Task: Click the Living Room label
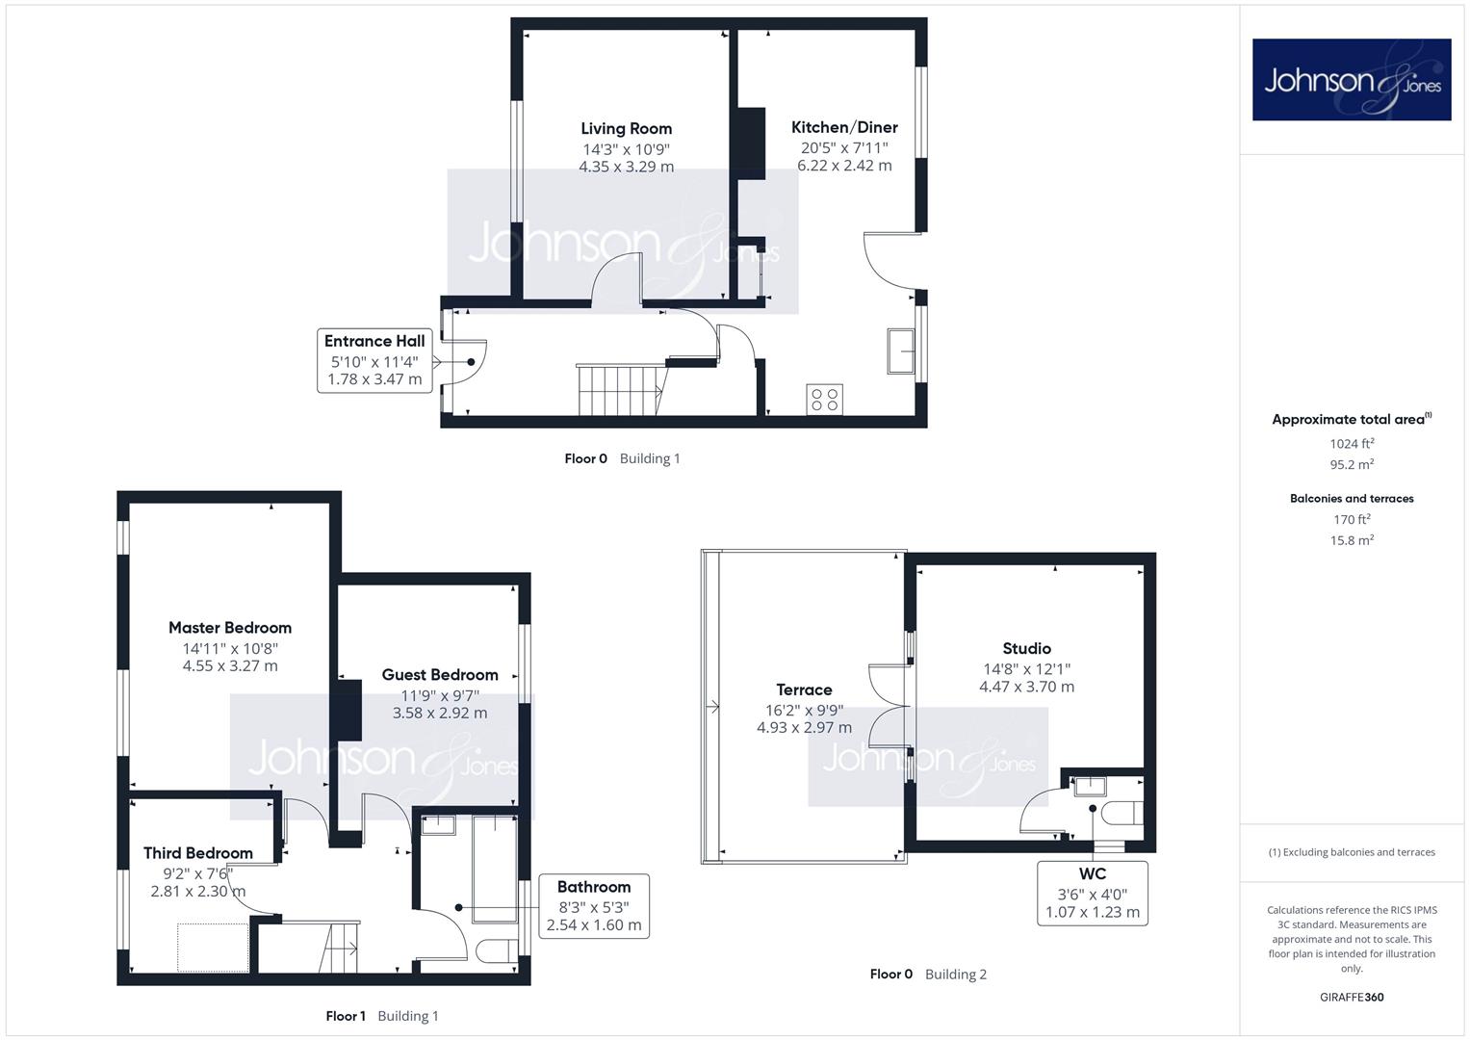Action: pyautogui.click(x=626, y=129)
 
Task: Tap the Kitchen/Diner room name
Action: pyautogui.click(x=844, y=127)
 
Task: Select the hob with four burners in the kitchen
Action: pyautogui.click(x=824, y=400)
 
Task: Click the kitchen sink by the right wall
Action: pyautogui.click(x=901, y=351)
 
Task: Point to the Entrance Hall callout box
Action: pyautogui.click(x=374, y=360)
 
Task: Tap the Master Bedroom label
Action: pyautogui.click(x=230, y=628)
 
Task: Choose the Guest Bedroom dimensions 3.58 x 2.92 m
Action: pyautogui.click(x=440, y=713)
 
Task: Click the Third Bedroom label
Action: pyautogui.click(x=198, y=853)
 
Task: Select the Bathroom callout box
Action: pyautogui.click(x=594, y=906)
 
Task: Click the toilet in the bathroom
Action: pyautogui.click(x=498, y=951)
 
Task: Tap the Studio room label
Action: pyautogui.click(x=1026, y=649)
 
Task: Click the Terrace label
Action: pyautogui.click(x=804, y=690)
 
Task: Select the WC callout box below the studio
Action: pyautogui.click(x=1092, y=894)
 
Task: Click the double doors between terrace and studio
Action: pyautogui.click(x=890, y=706)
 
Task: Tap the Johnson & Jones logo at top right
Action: pyautogui.click(x=1352, y=79)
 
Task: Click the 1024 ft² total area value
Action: pyautogui.click(x=1352, y=443)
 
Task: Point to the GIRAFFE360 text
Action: pyautogui.click(x=1352, y=997)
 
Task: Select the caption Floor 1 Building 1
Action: pyautogui.click(x=382, y=1016)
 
